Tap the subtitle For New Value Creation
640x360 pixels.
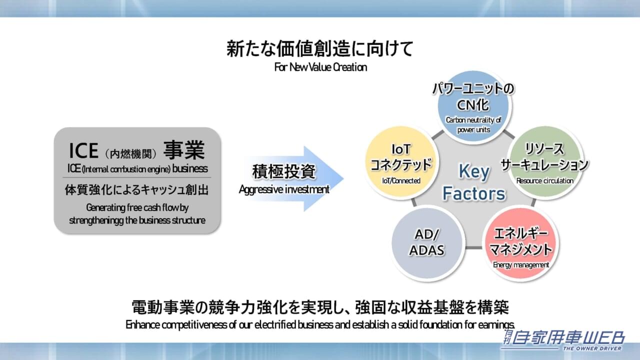(320, 67)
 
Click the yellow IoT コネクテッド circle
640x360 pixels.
(400, 163)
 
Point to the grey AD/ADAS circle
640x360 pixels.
(426, 243)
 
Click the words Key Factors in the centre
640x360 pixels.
(474, 182)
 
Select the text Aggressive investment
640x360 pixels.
(284, 189)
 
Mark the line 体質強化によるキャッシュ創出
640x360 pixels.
(136, 190)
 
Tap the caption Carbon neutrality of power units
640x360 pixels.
(473, 125)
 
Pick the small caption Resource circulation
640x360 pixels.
(544, 181)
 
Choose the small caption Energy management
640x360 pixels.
(520, 265)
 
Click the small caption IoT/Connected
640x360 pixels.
(400, 180)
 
